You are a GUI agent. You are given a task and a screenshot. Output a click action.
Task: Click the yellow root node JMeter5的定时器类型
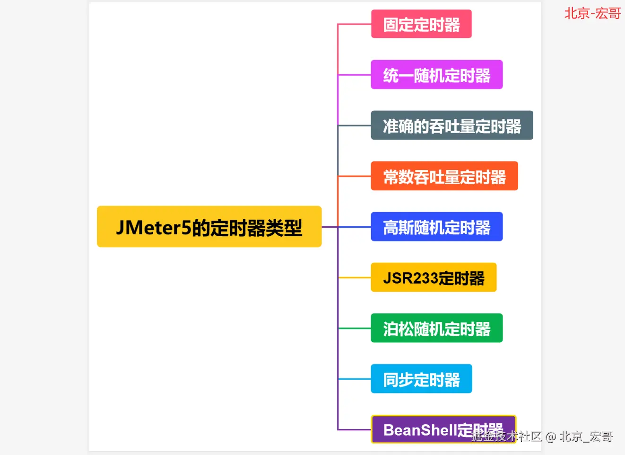209,227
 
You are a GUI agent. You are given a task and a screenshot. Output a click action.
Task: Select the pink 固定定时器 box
421,24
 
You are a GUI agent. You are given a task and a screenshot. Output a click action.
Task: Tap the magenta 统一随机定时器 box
436,75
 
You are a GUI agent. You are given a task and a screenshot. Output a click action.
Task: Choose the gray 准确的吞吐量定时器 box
451,125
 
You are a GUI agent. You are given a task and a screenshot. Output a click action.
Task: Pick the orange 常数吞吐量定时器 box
444,176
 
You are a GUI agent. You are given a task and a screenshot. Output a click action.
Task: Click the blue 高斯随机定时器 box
436,227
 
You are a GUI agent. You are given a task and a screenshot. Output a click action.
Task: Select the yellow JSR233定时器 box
434,277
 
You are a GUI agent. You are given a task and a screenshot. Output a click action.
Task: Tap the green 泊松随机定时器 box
436,328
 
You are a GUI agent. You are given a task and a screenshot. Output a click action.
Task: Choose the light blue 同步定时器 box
421,379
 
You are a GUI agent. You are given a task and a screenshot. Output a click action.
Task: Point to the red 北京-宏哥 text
592,13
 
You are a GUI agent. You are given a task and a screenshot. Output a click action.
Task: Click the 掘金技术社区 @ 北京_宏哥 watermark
542,437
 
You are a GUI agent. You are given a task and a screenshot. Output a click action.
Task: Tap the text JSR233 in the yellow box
410,278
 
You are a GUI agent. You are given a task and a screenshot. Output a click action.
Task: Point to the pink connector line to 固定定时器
355,24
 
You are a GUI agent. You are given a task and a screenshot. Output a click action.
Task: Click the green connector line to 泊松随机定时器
355,328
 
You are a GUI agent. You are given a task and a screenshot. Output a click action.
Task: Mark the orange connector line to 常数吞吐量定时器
355,176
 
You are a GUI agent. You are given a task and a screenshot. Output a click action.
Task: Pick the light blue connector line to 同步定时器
355,379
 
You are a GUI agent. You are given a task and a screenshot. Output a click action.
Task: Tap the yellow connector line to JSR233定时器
355,277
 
